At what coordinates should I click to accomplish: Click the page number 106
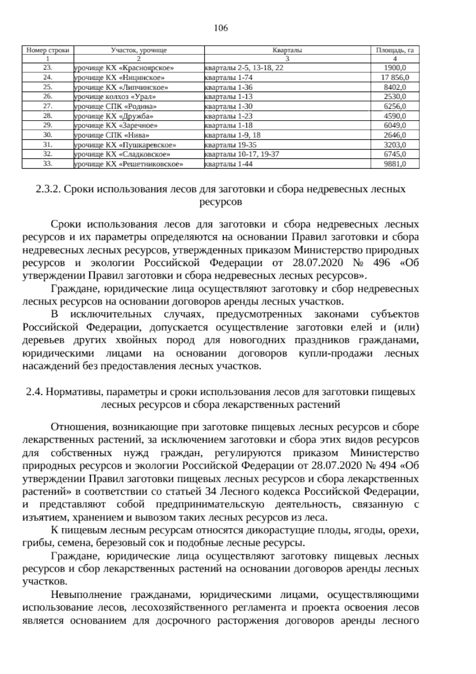click(221, 28)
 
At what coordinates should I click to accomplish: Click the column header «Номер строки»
click(48, 50)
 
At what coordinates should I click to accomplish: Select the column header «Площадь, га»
click(395, 50)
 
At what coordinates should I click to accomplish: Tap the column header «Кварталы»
click(287, 50)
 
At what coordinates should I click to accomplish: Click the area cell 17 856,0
click(395, 77)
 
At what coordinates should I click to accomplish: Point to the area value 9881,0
click(395, 164)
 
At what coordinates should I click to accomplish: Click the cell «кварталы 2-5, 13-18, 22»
click(244, 68)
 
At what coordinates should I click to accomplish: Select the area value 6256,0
click(395, 106)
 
